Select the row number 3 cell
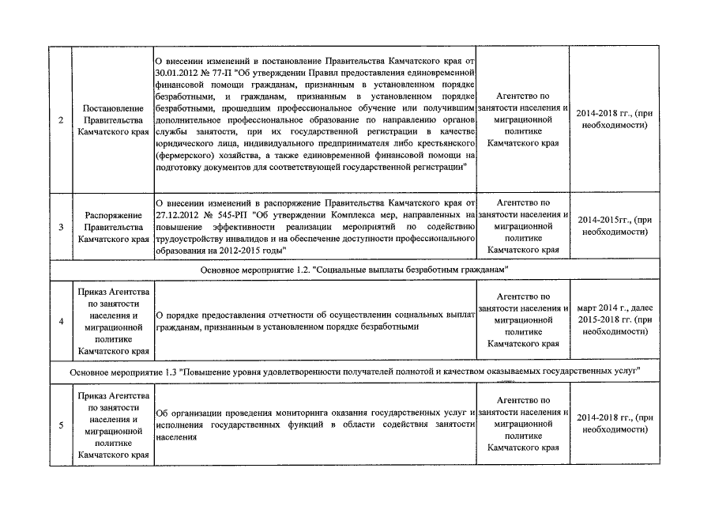(62, 227)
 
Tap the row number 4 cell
(62, 321)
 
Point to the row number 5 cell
(62, 426)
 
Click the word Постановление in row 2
(112, 108)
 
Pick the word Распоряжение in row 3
(112, 215)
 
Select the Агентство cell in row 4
(523, 321)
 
